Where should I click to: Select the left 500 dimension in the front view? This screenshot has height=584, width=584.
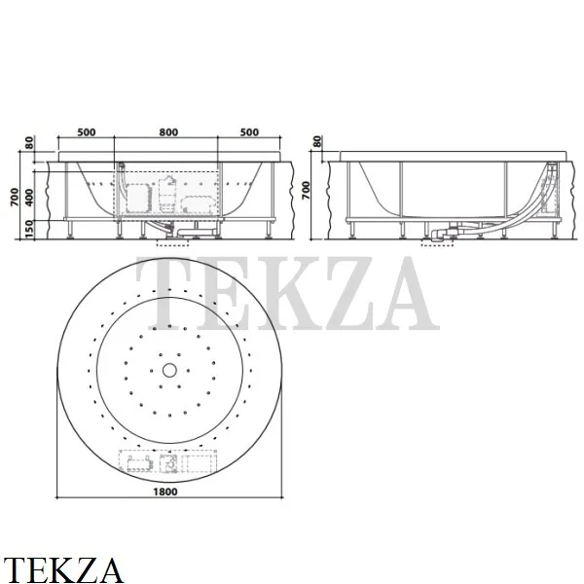point(86,131)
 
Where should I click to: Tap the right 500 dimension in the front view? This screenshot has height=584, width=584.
point(250,131)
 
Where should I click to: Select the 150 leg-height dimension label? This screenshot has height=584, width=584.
point(30,230)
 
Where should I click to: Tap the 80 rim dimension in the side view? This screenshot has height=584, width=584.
point(317,142)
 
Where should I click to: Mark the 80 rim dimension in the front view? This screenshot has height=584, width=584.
point(30,142)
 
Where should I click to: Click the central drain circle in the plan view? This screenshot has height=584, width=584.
point(169,370)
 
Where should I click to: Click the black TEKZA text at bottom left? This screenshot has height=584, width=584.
point(63,567)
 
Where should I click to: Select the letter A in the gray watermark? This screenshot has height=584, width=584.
point(399,292)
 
